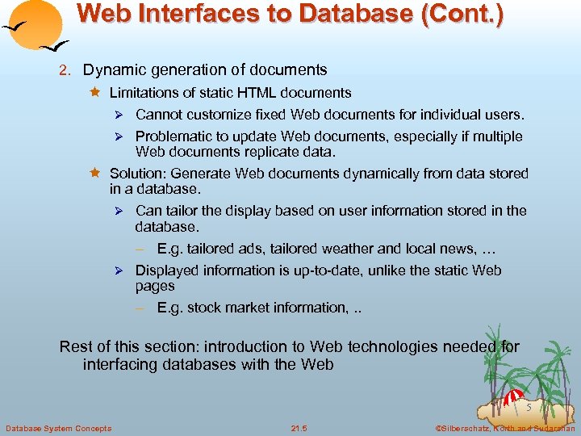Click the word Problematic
pyautogui.click(x=173, y=136)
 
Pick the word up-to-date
pyautogui.click(x=311, y=270)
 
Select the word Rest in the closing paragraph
pyautogui.click(x=74, y=347)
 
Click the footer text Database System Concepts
pyautogui.click(x=58, y=427)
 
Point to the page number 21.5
pyautogui.click(x=299, y=427)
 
